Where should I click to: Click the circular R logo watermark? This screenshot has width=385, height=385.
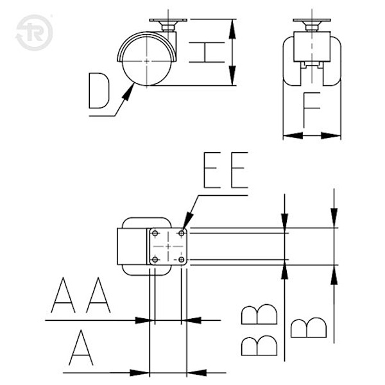point(34,33)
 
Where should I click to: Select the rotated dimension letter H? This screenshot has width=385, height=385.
point(207,53)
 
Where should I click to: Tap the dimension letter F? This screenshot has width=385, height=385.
point(312,110)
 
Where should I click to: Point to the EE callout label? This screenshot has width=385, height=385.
point(226,170)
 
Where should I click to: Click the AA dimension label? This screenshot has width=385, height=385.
point(81,295)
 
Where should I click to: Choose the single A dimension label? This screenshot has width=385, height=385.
point(81,347)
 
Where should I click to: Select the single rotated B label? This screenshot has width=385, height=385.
point(309,328)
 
